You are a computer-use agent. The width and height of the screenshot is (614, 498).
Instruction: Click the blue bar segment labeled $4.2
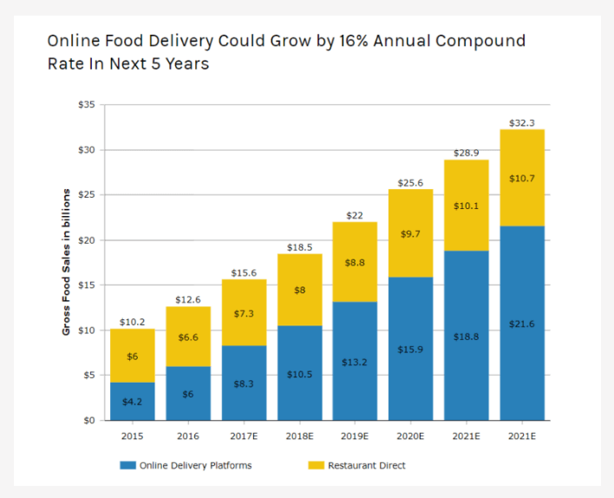pos(133,401)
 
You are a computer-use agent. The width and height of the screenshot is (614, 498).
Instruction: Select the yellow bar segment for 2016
pos(187,337)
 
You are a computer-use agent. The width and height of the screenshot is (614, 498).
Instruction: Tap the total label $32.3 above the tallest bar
pos(522,123)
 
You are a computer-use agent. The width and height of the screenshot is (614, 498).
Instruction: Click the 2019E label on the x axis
pos(355,436)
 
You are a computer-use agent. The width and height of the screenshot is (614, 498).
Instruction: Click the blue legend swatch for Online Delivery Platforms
pos(128,466)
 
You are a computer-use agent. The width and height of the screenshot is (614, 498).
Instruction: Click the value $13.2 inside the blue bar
pos(355,363)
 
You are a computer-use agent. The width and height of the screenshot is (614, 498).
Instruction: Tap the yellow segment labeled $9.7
pos(410,233)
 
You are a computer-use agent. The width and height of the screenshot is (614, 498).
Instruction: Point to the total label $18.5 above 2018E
pos(299,247)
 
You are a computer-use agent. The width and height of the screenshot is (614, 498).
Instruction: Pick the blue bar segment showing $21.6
pos(522,323)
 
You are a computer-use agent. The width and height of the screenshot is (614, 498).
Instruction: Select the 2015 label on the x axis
pos(133,436)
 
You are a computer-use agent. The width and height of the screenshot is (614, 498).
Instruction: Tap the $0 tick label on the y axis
pos(88,421)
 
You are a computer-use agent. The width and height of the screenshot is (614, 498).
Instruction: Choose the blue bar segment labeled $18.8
pos(467,335)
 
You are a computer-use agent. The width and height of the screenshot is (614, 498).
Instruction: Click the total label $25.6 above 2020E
pos(410,183)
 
